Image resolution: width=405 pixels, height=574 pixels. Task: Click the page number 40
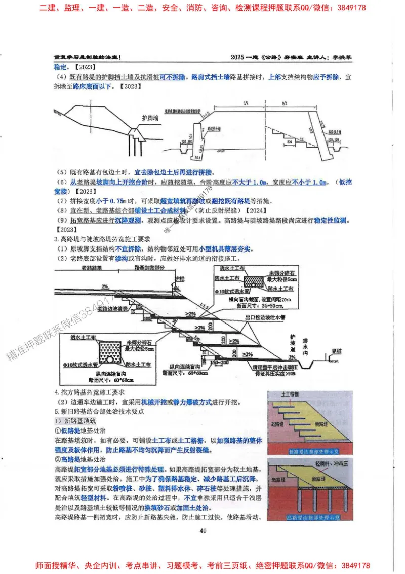pyautogui.click(x=202, y=530)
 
